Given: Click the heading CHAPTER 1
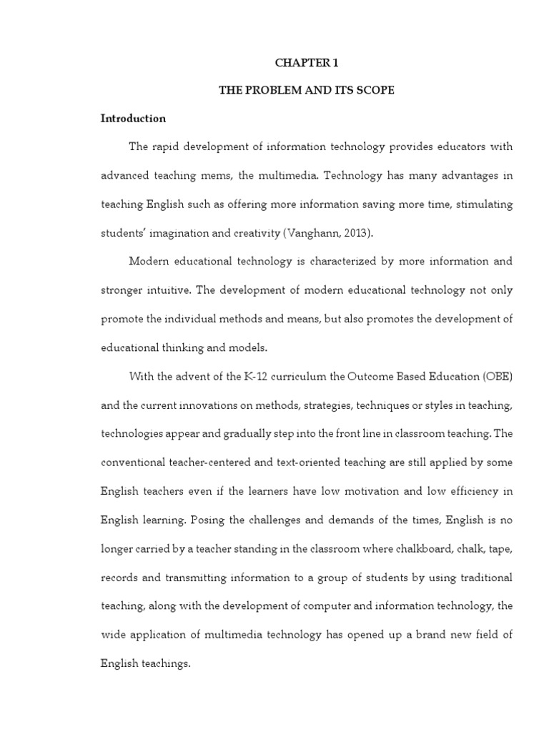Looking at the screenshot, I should (307, 63).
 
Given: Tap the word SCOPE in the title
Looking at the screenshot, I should (375, 91).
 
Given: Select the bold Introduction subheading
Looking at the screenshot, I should (133, 119).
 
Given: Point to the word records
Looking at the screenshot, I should (119, 576).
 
